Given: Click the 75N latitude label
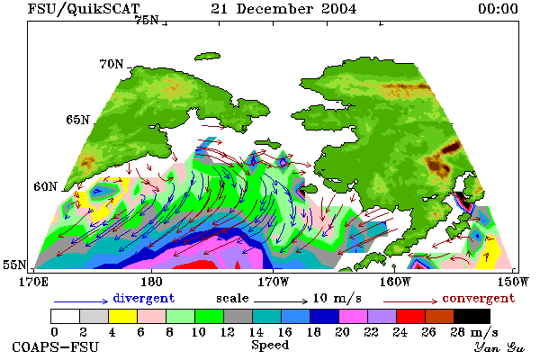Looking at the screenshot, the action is (x=147, y=21).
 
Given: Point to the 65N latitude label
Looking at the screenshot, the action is (x=77, y=120).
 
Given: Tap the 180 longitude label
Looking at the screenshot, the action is (x=151, y=282).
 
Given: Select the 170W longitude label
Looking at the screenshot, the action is (x=273, y=282).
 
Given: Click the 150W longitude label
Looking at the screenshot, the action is (x=513, y=282).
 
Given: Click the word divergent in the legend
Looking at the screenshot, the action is (x=144, y=298).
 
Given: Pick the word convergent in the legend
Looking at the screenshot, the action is (x=479, y=298).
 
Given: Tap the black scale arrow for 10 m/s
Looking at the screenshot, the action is (x=281, y=301).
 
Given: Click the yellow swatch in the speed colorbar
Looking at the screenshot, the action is (x=122, y=316).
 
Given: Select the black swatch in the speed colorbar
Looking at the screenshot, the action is (x=472, y=316).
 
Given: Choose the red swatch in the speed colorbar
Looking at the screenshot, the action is (x=411, y=316).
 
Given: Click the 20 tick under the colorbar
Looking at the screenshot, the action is (x=342, y=332).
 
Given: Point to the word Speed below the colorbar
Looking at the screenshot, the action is (x=270, y=346).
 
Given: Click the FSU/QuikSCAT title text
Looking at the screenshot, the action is (x=84, y=9).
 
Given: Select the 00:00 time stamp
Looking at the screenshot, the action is (x=498, y=9).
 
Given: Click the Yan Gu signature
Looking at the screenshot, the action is (x=499, y=347).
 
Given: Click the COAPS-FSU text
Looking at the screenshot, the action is (x=55, y=346).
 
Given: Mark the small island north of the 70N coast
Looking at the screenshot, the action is (x=207, y=56).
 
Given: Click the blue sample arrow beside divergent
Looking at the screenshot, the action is (x=81, y=301).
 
